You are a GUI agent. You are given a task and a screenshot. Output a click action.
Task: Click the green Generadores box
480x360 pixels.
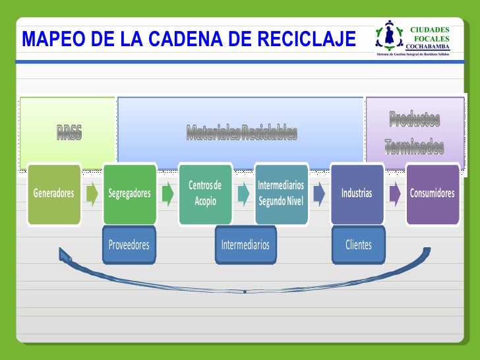54,194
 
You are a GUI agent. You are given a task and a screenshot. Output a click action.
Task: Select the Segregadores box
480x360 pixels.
129,194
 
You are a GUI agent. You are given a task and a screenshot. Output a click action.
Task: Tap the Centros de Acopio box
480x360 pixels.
205,194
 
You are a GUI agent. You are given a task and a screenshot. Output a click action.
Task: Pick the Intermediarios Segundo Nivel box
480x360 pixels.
281,194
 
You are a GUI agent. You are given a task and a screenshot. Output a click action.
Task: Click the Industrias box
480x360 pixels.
357,194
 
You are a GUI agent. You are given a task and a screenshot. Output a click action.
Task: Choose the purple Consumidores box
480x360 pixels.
432,194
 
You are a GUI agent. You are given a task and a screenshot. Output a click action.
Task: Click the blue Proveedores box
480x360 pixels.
129,245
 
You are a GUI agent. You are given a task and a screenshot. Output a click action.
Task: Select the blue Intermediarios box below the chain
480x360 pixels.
245,245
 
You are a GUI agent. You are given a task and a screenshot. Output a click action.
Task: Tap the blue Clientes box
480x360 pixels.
359,245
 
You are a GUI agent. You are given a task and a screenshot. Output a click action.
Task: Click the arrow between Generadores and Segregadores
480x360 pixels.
92,194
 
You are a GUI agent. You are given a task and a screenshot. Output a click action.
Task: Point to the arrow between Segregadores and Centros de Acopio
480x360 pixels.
167,194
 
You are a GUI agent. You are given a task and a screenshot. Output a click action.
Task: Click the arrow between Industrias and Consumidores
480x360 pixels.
394,194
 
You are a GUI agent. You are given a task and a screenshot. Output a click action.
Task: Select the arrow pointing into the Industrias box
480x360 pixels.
319,194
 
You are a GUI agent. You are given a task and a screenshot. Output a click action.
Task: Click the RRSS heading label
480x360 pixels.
69,133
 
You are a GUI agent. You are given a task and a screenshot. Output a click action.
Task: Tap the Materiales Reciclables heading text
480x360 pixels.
241,133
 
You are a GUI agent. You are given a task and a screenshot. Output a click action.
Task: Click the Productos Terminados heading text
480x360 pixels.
414,134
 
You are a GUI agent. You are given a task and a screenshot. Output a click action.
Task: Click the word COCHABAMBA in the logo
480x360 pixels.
428,47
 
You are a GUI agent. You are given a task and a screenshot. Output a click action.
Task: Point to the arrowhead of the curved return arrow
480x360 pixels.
65,253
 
